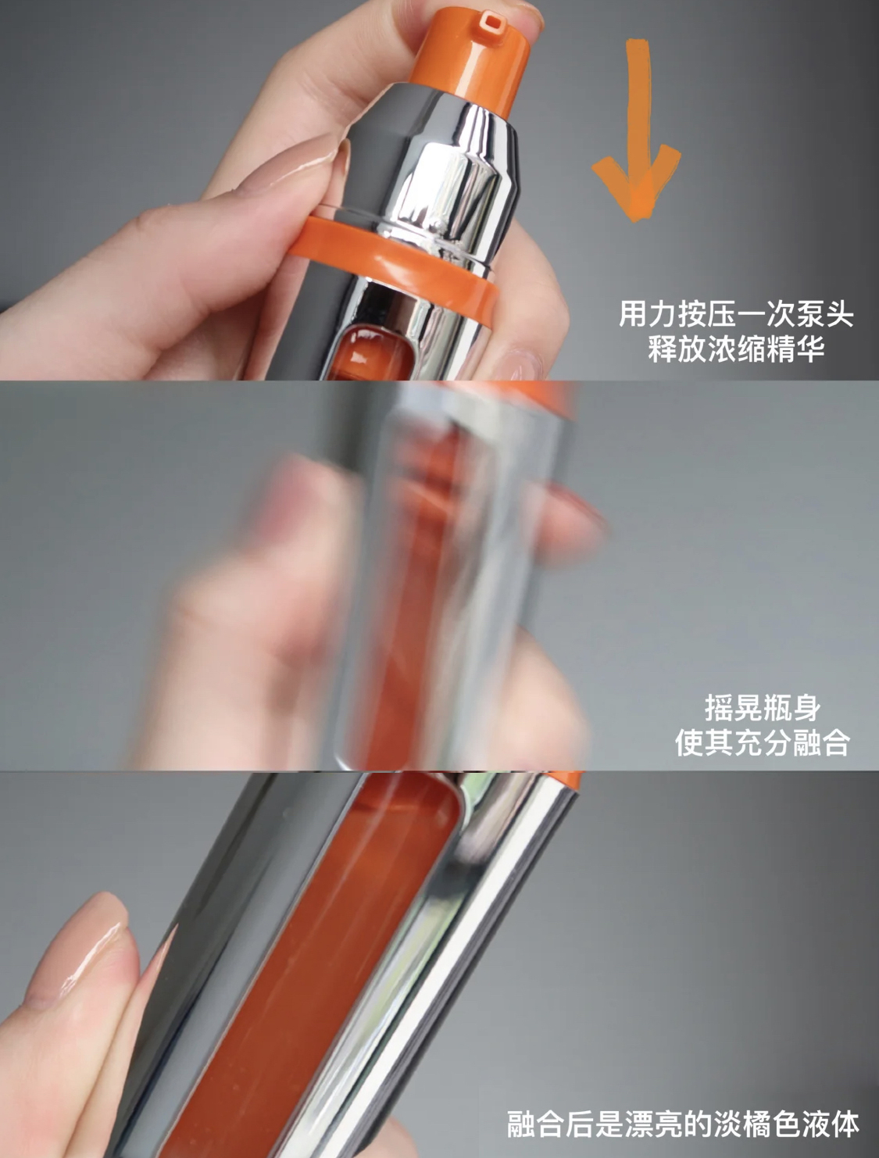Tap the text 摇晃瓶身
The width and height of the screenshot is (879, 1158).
[763, 708]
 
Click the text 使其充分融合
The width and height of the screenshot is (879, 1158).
[763, 742]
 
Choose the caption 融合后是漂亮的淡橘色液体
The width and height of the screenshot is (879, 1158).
[684, 1124]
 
